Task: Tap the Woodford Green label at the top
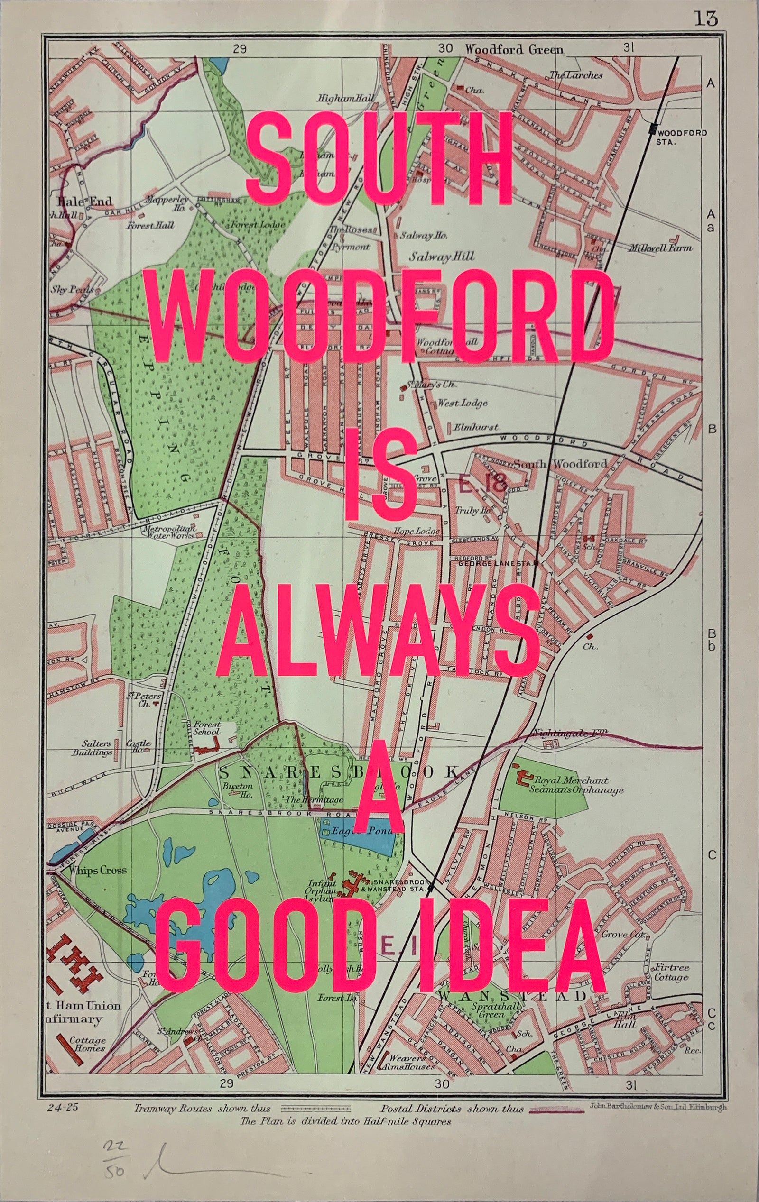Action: click(x=514, y=49)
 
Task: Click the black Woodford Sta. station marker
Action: click(x=652, y=130)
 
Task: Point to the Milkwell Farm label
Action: click(x=660, y=248)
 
